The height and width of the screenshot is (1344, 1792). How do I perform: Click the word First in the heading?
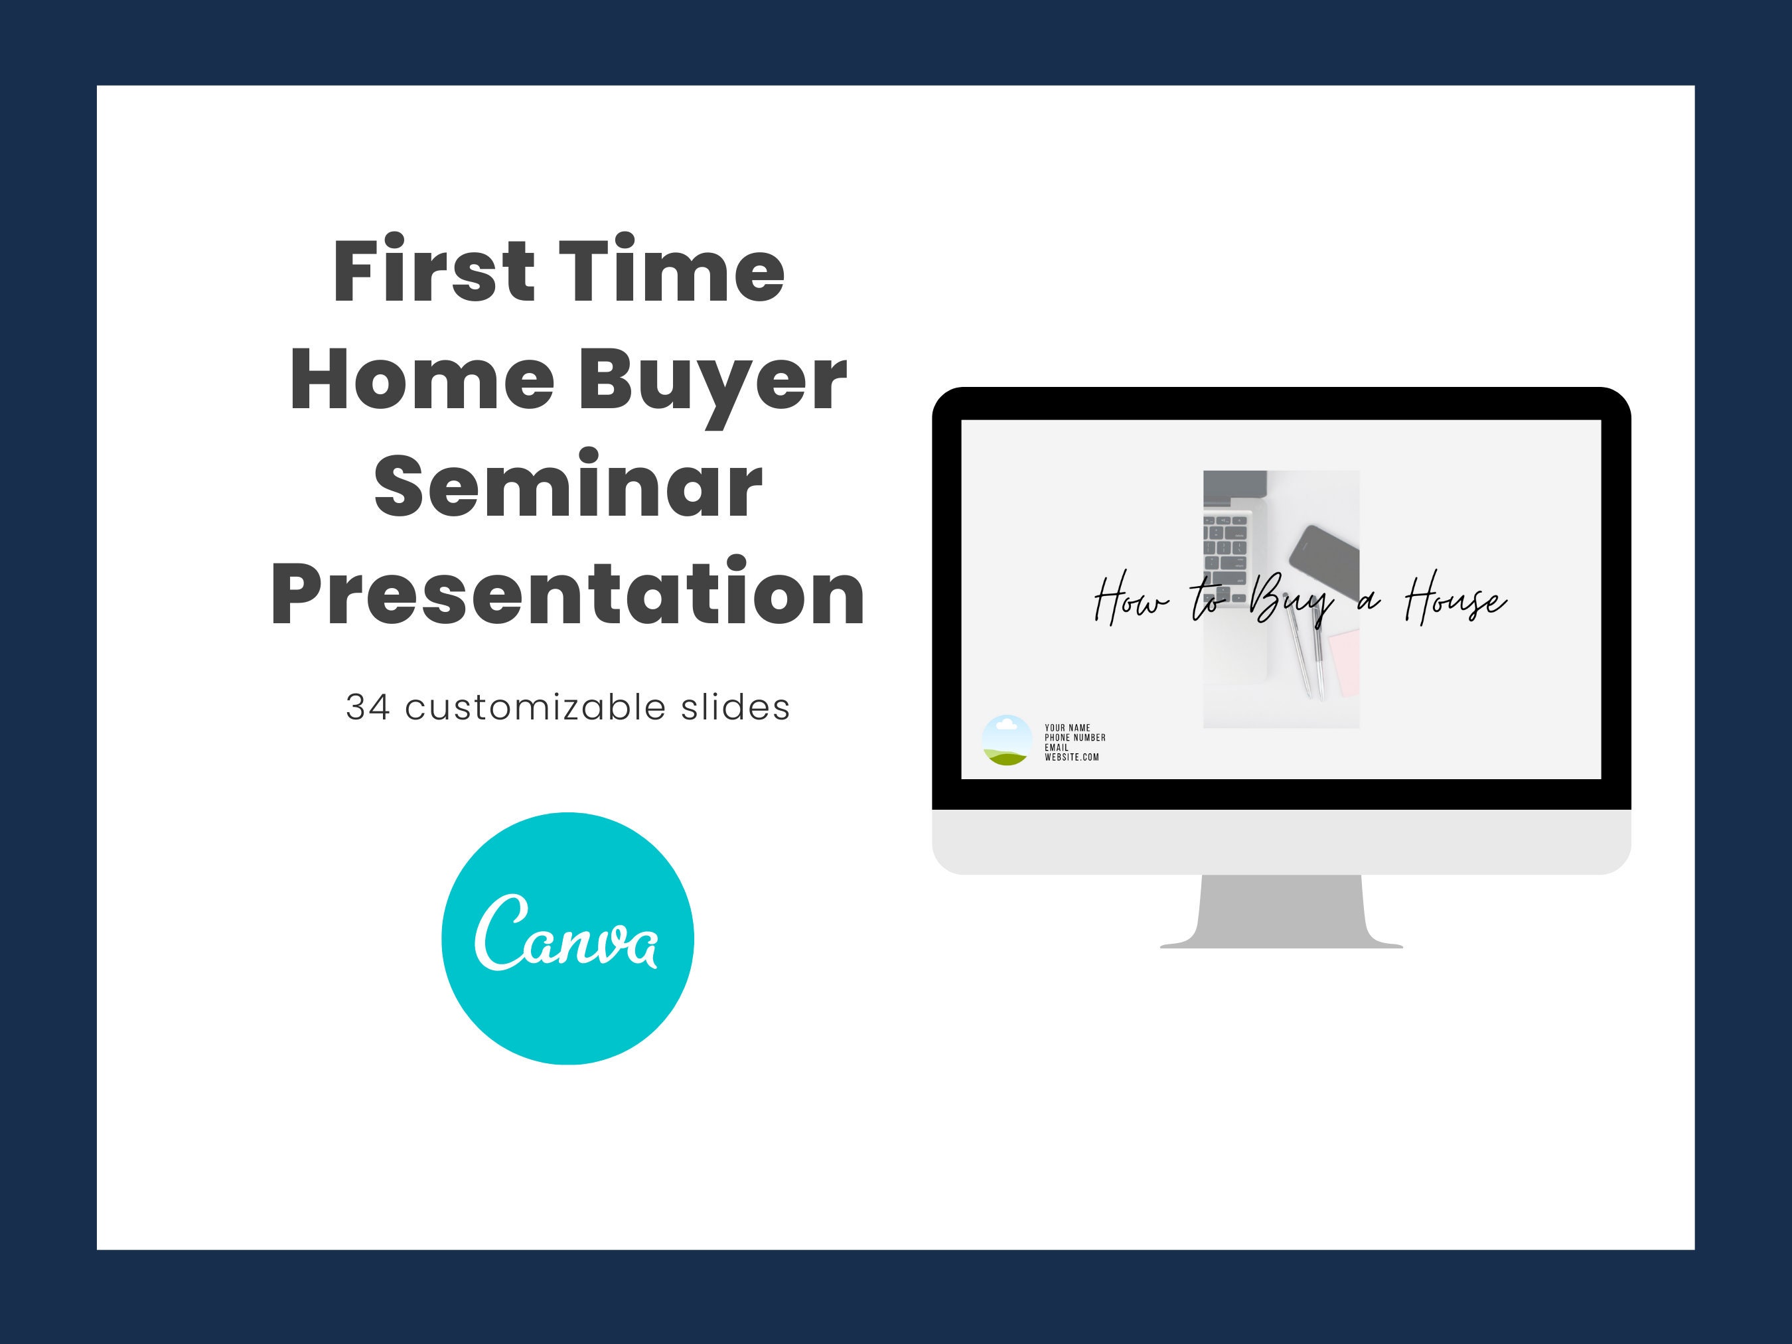tap(434, 269)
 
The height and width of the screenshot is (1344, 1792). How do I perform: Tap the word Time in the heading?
tap(672, 269)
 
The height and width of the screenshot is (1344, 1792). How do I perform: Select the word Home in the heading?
tap(422, 378)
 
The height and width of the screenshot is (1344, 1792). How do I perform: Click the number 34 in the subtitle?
tap(368, 708)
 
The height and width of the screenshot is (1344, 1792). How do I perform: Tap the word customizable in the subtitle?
tap(535, 708)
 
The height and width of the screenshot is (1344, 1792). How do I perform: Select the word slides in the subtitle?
tap(735, 708)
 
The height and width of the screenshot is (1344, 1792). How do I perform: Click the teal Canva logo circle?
tap(567, 938)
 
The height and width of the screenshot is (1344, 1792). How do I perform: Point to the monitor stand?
tap(1281, 911)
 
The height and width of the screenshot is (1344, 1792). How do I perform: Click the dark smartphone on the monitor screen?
tap(1323, 561)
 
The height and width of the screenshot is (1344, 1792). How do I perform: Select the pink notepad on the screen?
tap(1344, 662)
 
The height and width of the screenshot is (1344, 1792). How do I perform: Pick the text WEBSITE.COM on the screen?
tap(1072, 757)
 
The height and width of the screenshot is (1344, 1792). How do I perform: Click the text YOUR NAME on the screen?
tap(1067, 728)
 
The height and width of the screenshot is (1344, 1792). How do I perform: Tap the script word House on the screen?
tap(1456, 601)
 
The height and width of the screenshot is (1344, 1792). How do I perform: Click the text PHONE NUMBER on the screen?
tap(1075, 738)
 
